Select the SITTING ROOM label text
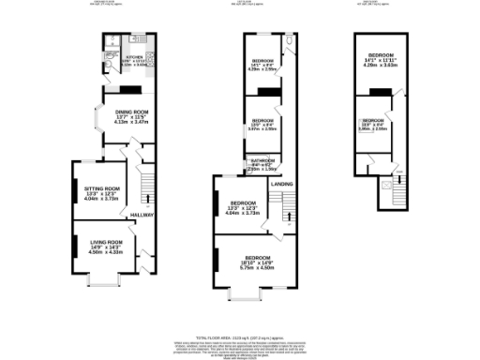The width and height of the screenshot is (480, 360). click(x=103, y=188)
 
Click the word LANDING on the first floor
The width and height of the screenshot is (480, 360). click(x=281, y=185)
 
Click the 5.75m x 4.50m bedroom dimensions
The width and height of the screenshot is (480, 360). click(x=258, y=268)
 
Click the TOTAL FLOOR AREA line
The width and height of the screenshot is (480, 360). click(x=240, y=337)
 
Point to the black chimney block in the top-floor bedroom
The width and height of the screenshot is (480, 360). click(x=382, y=91)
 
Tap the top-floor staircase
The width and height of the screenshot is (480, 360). click(x=400, y=191)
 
